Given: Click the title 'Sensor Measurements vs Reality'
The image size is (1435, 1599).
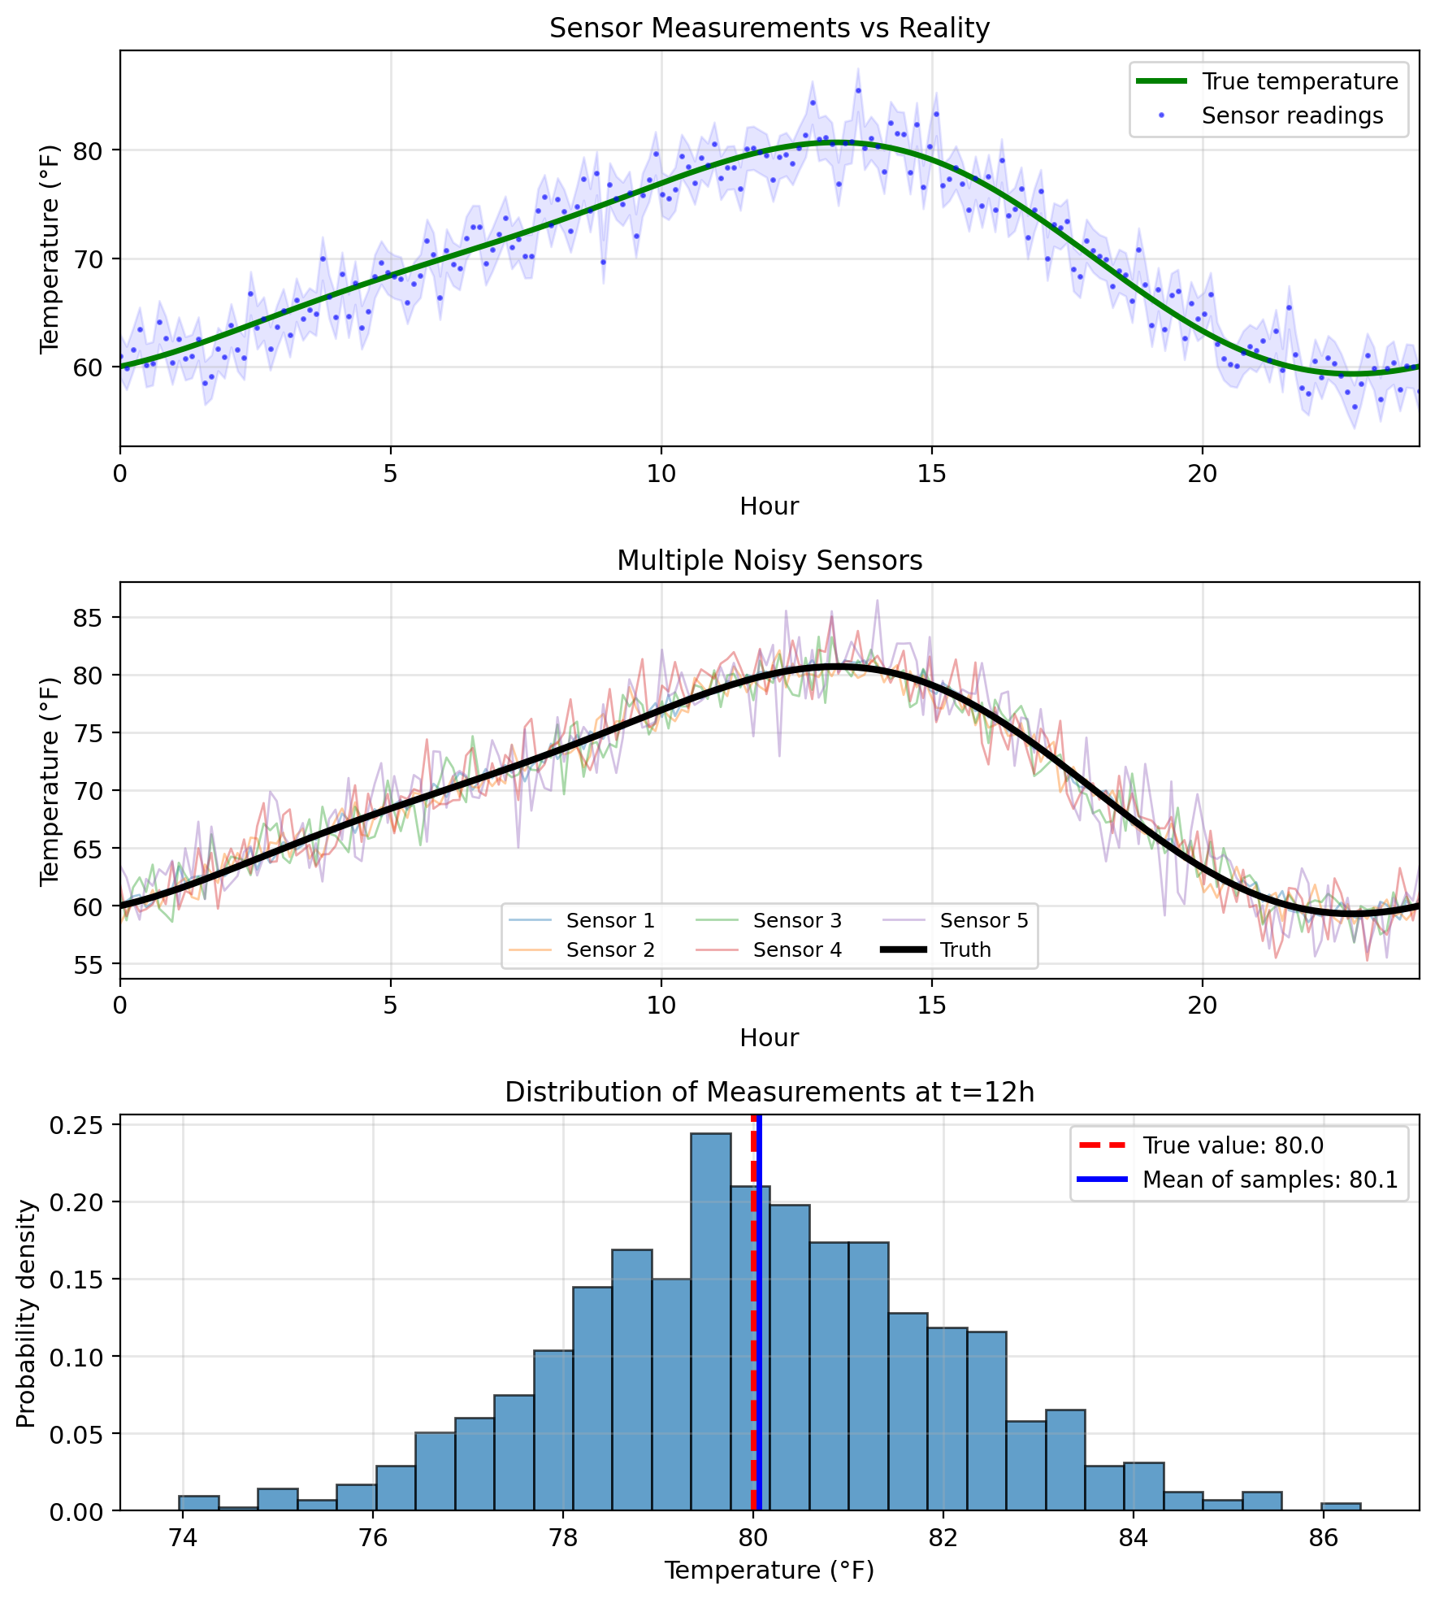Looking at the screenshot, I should [x=769, y=28].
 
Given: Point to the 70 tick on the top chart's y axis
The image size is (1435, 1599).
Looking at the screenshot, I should [x=91, y=259].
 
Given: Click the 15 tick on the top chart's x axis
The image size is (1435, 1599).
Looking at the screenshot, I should [x=931, y=473].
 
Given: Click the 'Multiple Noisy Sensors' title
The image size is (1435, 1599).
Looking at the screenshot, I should [x=769, y=561].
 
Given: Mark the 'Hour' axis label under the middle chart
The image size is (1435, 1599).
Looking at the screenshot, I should [x=769, y=1038].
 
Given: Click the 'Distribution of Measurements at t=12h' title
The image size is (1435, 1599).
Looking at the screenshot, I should [x=769, y=1093].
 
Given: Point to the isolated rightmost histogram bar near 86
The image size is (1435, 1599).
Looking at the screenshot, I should [x=1340, y=1506].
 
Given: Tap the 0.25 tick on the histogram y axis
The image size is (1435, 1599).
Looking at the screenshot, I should [x=81, y=1125].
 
